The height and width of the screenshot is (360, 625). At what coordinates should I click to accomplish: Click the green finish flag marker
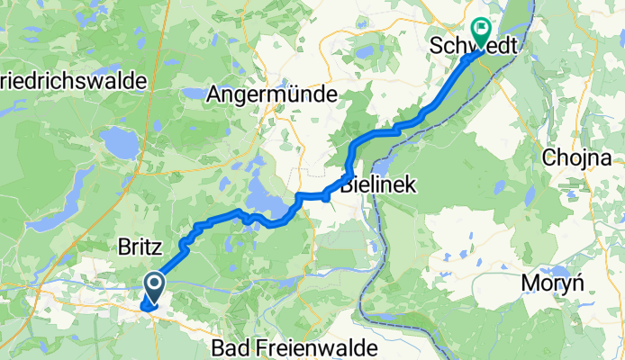coord(479,33)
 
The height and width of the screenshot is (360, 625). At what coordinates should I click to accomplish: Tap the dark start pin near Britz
coord(154,287)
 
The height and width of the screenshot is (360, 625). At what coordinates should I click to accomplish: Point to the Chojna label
coord(571,158)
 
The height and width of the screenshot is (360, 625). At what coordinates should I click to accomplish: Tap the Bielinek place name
coord(378,186)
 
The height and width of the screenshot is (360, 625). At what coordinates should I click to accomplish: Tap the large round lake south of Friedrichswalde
coord(118,141)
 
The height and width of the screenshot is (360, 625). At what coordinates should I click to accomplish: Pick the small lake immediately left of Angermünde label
coord(192,92)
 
